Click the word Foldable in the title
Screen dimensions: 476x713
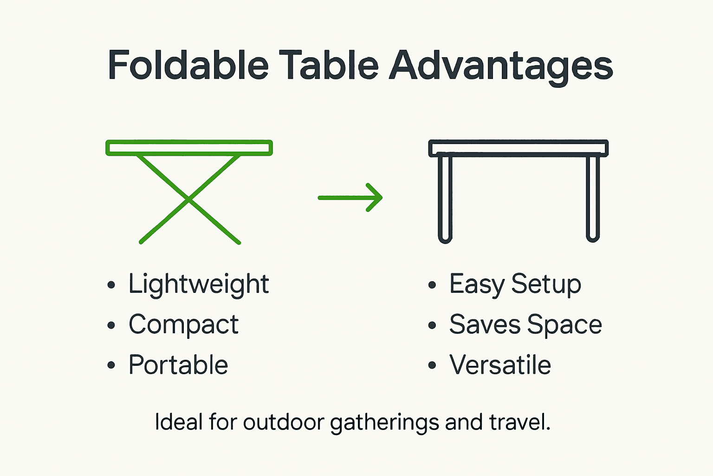[x=188, y=65]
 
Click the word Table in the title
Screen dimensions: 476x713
[x=329, y=65]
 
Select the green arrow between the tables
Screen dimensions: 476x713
[x=350, y=198]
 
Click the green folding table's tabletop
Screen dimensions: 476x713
[x=189, y=148]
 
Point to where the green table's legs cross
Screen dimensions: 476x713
[x=188, y=199]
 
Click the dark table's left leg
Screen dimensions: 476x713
[x=445, y=198]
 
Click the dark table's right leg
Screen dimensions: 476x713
[x=593, y=198]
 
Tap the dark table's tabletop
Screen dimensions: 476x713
[x=518, y=148]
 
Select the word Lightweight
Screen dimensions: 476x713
[x=199, y=284]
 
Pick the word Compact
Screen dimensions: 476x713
[x=184, y=324]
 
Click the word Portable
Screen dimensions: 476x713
[x=179, y=365]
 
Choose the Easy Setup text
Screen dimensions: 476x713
[x=515, y=284]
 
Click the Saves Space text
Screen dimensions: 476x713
[x=525, y=324]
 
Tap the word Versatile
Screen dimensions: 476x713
[x=500, y=365]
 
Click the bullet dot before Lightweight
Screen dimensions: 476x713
[x=111, y=285]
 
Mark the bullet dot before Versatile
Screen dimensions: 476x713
[x=432, y=365]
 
